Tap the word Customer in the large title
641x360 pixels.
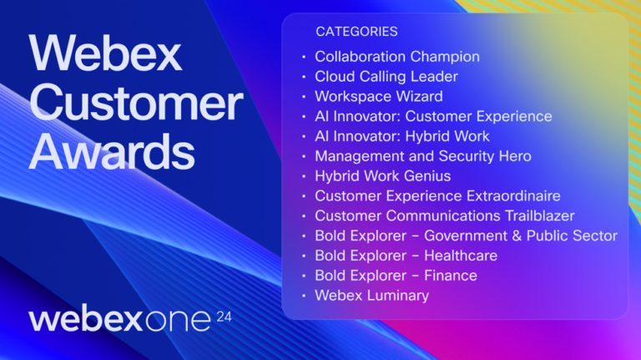(x=135, y=104)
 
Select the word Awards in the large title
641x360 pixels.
(x=112, y=153)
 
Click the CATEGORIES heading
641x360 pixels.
(x=356, y=32)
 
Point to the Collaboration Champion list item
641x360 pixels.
(x=396, y=57)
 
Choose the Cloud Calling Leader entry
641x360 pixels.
(x=386, y=77)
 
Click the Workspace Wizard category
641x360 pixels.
(x=378, y=97)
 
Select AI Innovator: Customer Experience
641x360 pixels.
(x=432, y=116)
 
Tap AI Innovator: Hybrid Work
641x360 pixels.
(x=401, y=136)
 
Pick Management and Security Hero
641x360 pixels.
(x=422, y=156)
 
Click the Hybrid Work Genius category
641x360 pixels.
(x=382, y=176)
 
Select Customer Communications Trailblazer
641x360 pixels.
(x=444, y=216)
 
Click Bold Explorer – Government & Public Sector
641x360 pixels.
(x=466, y=236)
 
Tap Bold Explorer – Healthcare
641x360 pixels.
(x=406, y=256)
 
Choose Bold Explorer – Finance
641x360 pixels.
(x=396, y=276)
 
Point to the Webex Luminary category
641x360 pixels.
(x=371, y=296)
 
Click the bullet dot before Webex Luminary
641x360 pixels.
(x=304, y=297)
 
